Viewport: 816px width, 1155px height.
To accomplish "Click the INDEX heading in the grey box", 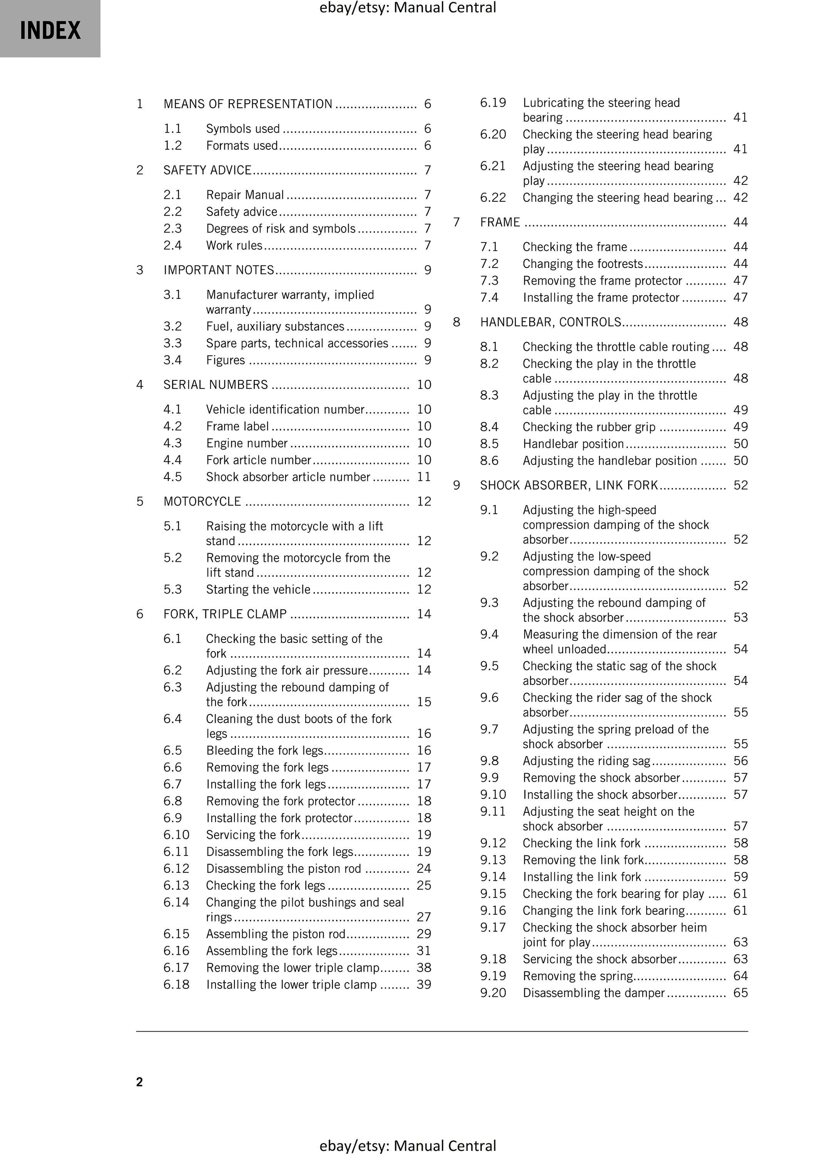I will click(50, 30).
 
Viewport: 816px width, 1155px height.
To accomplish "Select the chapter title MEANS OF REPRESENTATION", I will click(247, 104).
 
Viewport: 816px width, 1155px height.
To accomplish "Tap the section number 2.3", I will click(173, 229).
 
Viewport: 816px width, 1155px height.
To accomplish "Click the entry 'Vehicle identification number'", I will click(285, 409).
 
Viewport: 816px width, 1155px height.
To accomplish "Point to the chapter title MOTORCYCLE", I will click(202, 502).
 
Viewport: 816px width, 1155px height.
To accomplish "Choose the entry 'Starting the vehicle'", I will click(258, 590).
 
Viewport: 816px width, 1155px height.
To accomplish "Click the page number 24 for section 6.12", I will click(424, 869).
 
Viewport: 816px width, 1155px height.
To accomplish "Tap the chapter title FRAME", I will click(499, 222).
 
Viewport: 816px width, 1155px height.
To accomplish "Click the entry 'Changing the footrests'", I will click(582, 264).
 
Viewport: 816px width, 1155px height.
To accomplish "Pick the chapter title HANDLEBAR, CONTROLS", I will click(551, 322).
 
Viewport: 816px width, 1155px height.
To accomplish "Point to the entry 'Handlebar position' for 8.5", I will click(573, 444).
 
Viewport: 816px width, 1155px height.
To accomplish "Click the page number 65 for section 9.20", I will click(741, 993).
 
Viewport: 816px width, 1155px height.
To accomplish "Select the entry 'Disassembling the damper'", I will click(594, 993).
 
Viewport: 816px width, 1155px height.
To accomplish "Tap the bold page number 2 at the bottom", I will click(139, 1082).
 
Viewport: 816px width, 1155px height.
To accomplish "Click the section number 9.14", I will click(493, 877).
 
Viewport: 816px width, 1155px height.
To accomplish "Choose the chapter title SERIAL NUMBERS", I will click(215, 385).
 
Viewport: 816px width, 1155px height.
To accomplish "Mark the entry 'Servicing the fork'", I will click(253, 835).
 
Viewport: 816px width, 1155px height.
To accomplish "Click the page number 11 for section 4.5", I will click(424, 477).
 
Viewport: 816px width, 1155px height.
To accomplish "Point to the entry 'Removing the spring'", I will click(577, 976).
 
